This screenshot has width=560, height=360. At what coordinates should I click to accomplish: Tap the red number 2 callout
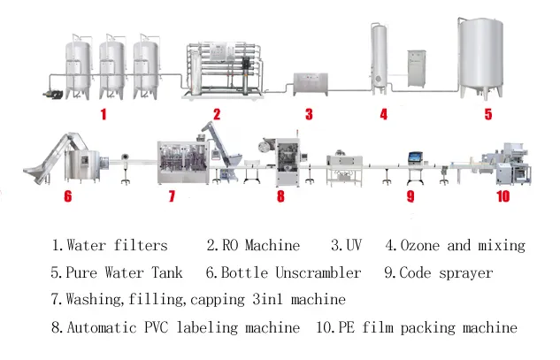[x=216, y=113]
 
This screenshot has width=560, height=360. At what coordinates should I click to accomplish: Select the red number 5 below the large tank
[x=487, y=113]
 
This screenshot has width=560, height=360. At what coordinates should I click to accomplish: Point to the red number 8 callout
[x=280, y=196]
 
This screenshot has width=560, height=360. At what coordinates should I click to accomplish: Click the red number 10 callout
[x=502, y=196]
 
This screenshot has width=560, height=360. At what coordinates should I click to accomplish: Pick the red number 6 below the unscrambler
[x=67, y=196]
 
